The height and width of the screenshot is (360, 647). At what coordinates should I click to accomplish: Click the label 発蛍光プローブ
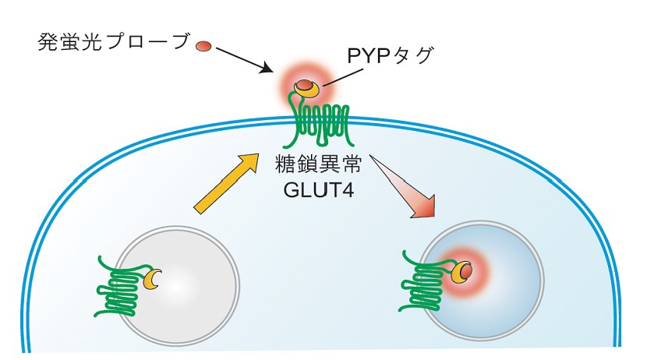[114, 42]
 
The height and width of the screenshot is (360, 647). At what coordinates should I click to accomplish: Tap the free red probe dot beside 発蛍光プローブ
[203, 46]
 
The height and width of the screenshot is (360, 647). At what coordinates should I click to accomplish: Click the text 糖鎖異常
[318, 165]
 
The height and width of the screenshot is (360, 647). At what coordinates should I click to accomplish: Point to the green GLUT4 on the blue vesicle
[426, 284]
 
